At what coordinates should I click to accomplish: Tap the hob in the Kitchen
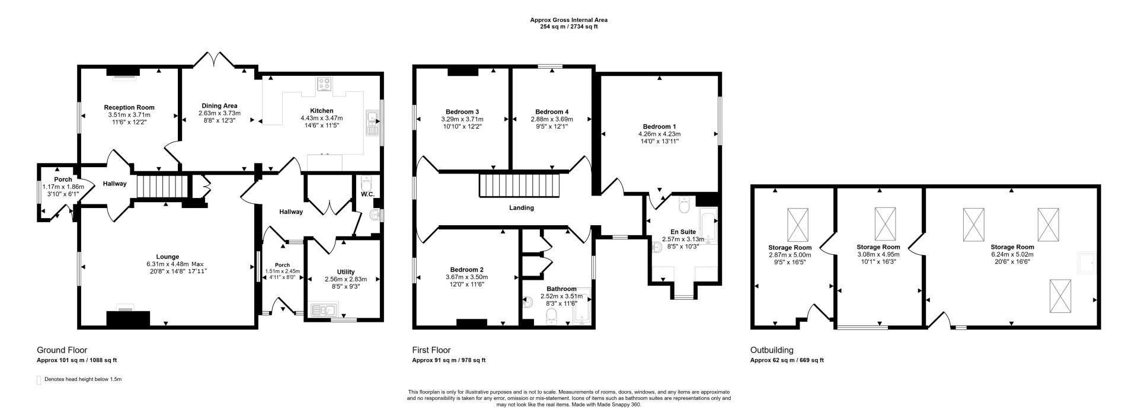tap(324, 84)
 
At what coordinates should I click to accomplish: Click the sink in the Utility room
tap(322, 309)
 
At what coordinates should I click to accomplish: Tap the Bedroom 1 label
tap(659, 126)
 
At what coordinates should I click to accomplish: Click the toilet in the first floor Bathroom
tap(551, 316)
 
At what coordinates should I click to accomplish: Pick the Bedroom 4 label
tap(551, 111)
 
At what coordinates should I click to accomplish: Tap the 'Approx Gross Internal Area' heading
tap(568, 20)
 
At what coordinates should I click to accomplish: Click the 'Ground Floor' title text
tap(62, 350)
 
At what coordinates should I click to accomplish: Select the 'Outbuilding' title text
tap(771, 350)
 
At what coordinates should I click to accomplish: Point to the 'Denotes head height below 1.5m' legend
tap(82, 379)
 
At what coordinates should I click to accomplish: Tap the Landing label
tap(521, 207)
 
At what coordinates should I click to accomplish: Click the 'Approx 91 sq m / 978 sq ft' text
tap(448, 360)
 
